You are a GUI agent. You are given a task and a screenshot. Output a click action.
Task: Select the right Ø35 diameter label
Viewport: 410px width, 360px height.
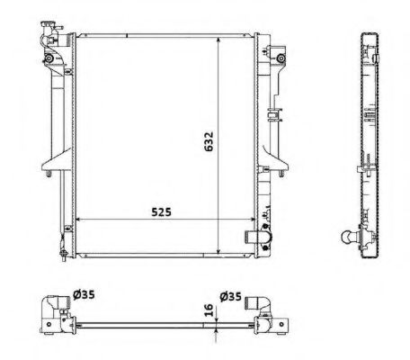(231, 293)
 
